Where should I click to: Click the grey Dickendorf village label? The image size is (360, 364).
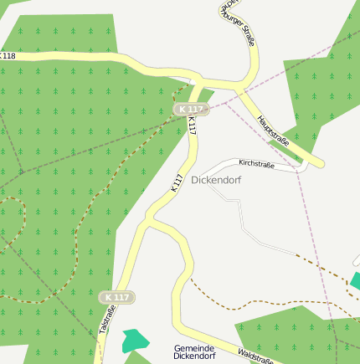[x=216, y=180]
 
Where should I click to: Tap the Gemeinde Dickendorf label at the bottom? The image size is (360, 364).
[x=194, y=351]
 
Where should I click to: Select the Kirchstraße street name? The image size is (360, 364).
[x=256, y=164]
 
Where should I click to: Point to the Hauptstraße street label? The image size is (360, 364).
[x=274, y=130]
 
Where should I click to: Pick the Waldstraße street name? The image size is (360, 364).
[x=255, y=357]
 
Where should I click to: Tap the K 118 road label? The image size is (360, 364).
[x=8, y=56]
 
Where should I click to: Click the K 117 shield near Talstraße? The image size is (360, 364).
[x=116, y=297]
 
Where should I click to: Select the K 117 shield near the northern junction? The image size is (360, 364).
[x=190, y=110]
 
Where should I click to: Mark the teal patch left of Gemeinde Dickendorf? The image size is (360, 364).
[x=134, y=341]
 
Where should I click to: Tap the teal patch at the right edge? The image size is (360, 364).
[x=356, y=281]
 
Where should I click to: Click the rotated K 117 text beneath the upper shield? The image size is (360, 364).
[x=192, y=126]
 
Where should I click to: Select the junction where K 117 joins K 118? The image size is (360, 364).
[x=198, y=82]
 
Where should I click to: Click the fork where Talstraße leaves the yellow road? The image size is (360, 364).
[x=147, y=220]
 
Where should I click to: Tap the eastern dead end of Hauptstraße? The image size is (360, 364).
[x=320, y=162]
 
